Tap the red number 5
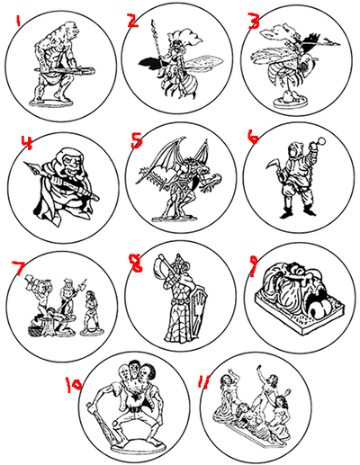(136, 141)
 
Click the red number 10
(74, 384)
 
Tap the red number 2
(132, 20)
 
